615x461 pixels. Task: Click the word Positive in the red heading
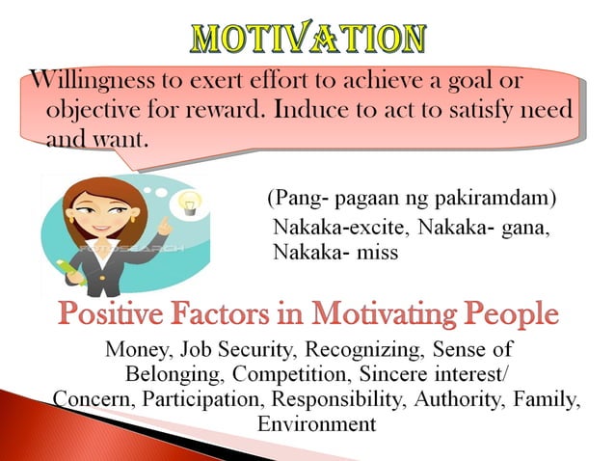click(x=116, y=314)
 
